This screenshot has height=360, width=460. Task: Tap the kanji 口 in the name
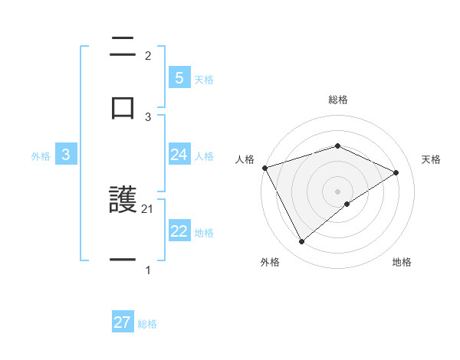[x=123, y=108]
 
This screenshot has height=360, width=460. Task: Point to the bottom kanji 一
[x=123, y=260]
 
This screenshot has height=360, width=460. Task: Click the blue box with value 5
[x=179, y=77]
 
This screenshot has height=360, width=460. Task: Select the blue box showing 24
[x=179, y=155]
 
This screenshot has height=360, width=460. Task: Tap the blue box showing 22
[x=179, y=231]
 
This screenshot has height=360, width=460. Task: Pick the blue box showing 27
[x=123, y=322]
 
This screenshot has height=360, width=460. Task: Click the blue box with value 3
[x=66, y=155]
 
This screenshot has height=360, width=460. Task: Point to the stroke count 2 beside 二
[x=148, y=56]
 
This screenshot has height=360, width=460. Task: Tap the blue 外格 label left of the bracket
[x=41, y=155]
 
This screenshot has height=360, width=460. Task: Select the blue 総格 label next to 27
[x=147, y=324]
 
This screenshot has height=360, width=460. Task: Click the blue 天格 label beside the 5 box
[x=204, y=79]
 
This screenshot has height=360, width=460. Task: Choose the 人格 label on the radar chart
[x=245, y=159]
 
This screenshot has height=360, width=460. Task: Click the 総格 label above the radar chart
[x=338, y=100]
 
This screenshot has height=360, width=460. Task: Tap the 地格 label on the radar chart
[x=402, y=262]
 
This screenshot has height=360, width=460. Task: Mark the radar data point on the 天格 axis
[x=396, y=172]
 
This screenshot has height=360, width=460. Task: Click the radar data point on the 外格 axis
[x=302, y=242]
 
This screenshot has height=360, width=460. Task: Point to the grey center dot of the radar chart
[x=338, y=191]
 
